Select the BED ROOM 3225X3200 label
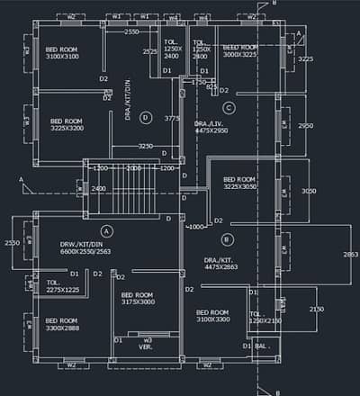67,124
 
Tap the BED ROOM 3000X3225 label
240,50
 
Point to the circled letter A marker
105,231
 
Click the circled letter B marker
227,238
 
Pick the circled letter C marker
229,108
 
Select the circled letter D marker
146,117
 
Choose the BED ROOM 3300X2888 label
62,324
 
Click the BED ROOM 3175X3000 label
138,299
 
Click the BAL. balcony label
263,346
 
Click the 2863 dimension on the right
350,255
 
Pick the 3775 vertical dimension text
173,118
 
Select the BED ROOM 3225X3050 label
240,183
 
